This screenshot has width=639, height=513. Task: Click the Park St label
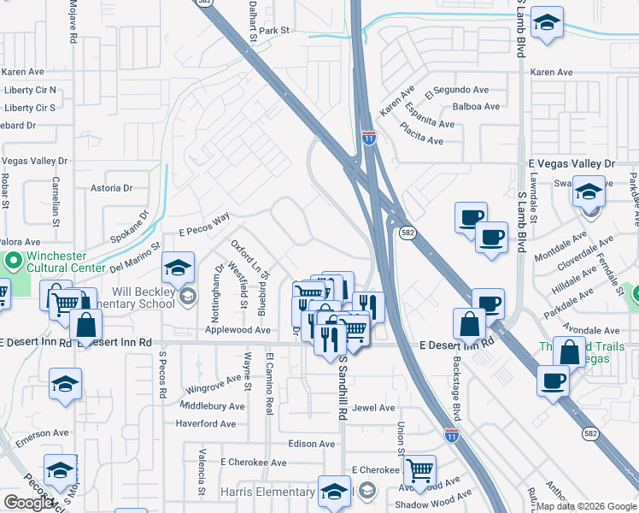(275, 31)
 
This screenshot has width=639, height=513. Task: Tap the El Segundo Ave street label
(458, 90)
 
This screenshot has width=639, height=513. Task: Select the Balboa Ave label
(476, 107)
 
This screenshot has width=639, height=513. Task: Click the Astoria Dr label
(112, 187)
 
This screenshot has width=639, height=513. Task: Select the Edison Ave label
(312, 444)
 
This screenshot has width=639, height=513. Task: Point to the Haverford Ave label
(205, 424)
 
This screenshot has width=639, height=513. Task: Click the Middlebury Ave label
(213, 406)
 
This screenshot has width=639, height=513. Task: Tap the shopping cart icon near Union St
(419, 469)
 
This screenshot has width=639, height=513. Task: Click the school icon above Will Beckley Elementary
(178, 268)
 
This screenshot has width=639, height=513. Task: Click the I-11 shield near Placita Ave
(368, 138)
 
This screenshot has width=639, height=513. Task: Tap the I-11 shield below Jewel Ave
(452, 434)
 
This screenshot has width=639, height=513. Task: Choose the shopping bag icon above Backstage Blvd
(470, 323)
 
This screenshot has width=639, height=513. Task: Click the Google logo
(29, 502)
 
